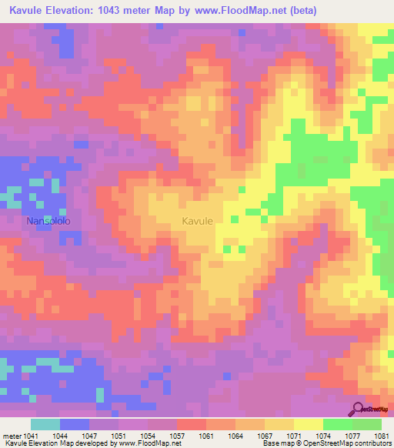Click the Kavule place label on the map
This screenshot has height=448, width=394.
[x=198, y=221]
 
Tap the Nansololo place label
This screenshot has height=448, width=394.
[x=49, y=221]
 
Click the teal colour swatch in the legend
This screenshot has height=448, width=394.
[x=45, y=424]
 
